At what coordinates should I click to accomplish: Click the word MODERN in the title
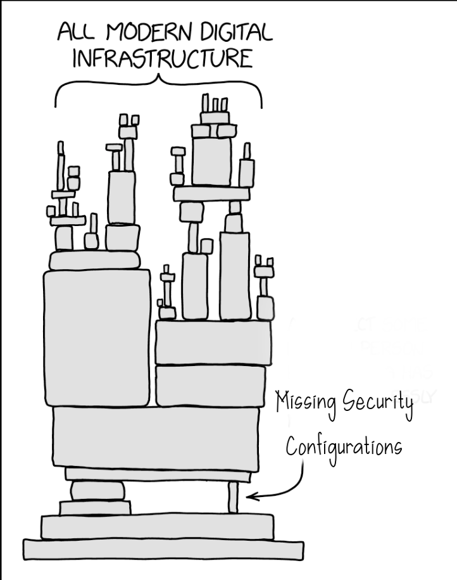[x=149, y=32]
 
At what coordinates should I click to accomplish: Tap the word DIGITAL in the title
[x=237, y=32]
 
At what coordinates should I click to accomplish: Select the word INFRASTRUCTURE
[x=163, y=58]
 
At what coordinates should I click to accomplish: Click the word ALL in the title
[x=76, y=32]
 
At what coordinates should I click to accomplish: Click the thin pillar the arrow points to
[x=232, y=497]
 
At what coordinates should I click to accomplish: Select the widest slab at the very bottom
[x=163, y=550]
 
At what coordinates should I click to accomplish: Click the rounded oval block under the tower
[x=97, y=491]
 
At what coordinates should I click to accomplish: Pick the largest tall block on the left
[x=97, y=338]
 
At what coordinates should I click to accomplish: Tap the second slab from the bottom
[x=158, y=526]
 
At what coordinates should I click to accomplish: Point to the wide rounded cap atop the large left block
[x=95, y=260]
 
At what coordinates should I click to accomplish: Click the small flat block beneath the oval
[x=96, y=508]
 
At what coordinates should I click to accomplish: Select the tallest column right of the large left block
[x=235, y=275]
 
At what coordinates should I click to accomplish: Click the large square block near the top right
[x=211, y=161]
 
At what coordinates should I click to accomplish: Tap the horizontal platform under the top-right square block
[x=212, y=194]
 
